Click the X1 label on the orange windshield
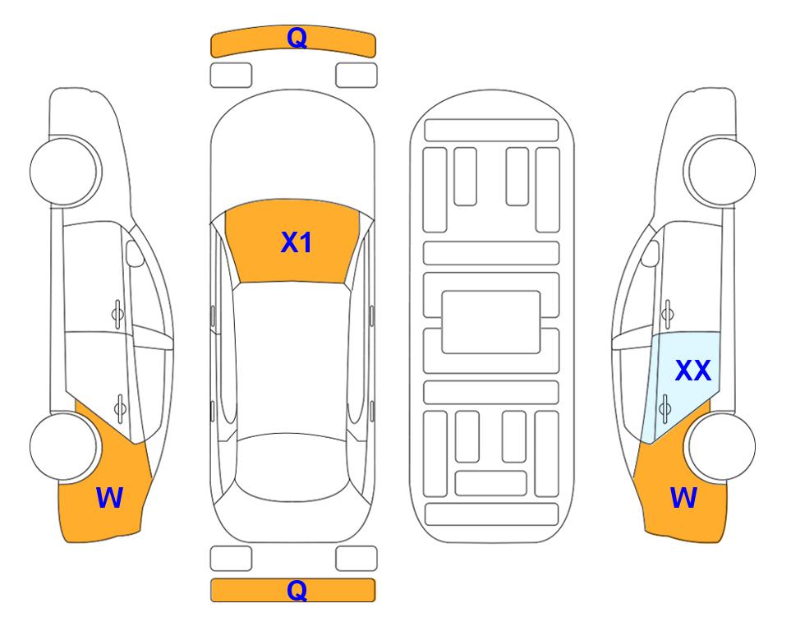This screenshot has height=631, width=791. tap(297, 242)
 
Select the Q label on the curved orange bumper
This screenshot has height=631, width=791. tap(297, 37)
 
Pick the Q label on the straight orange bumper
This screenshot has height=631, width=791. tap(297, 590)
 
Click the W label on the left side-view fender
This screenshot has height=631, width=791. tap(109, 497)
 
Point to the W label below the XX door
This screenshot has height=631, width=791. tap(684, 497)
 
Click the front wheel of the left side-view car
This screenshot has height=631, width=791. tap(65, 171)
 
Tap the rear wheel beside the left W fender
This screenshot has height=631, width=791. tap(63, 447)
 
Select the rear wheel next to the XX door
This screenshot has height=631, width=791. tap(721, 446)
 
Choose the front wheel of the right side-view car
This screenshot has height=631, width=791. tap(720, 171)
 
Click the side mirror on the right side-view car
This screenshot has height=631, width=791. tap(650, 254)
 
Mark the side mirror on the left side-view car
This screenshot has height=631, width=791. tap(135, 254)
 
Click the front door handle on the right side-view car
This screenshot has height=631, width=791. tap(668, 314)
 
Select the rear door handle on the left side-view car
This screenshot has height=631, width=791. tap(120, 408)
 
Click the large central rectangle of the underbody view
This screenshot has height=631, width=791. tap(491, 322)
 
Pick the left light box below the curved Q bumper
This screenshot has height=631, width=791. tap(231, 76)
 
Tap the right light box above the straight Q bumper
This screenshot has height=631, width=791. tap(356, 559)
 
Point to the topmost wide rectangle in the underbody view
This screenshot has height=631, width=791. tap(491, 131)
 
